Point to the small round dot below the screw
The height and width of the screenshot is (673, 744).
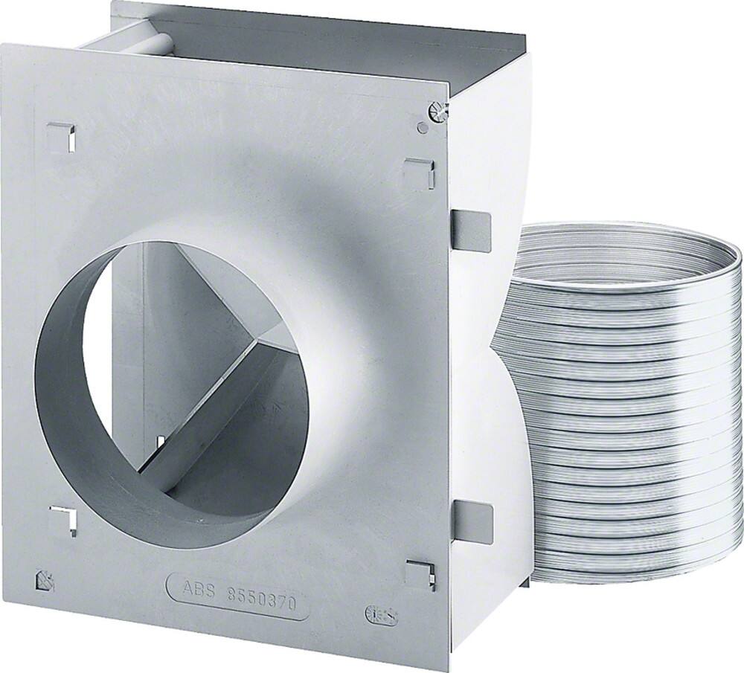(x=423, y=128)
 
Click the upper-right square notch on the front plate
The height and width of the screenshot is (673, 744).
(x=419, y=174)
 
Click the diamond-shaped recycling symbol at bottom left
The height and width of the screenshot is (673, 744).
(x=45, y=580)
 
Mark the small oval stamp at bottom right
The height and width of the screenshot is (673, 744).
(x=381, y=615)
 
